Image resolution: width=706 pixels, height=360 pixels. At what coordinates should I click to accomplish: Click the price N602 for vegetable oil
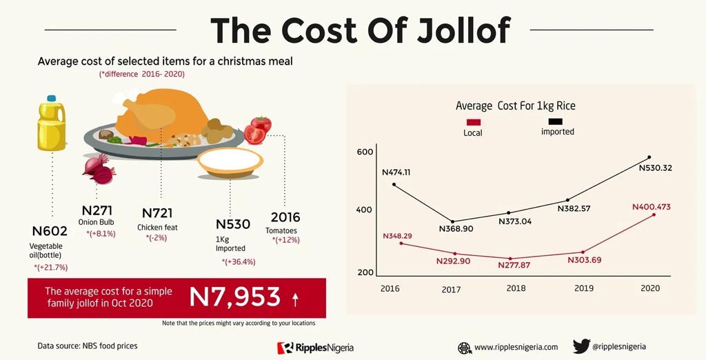pos(50,232)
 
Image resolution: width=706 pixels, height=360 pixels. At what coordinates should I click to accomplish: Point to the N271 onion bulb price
pos(97,210)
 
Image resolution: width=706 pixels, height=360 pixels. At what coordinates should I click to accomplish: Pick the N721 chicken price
pos(157,213)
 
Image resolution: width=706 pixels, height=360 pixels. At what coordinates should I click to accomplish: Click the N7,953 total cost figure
pos(234,297)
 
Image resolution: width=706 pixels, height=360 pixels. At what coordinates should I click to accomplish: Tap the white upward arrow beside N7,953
pos(295,299)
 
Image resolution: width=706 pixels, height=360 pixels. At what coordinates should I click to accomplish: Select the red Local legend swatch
pos(473,122)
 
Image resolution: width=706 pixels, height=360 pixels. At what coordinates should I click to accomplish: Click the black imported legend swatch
pos(555,121)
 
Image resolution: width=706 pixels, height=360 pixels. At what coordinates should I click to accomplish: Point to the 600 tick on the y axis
pos(365,152)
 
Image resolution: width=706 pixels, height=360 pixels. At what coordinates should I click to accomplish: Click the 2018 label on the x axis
pos(516,288)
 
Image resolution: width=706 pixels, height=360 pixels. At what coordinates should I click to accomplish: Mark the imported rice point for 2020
pos(649,157)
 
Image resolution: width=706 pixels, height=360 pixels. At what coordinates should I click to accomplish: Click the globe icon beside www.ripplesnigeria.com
pos(465,347)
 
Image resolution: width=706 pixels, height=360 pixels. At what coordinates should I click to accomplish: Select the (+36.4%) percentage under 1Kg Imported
pos(239,261)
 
